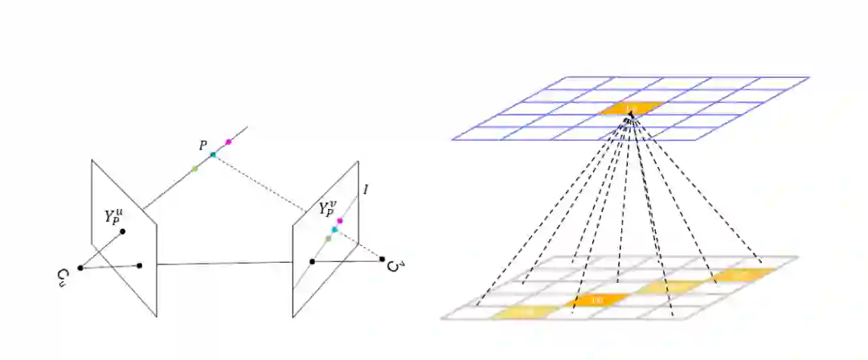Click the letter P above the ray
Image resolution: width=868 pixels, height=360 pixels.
point(203,145)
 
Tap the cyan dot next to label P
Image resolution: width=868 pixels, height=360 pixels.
point(213,154)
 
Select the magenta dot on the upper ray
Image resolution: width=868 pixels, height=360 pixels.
point(228,141)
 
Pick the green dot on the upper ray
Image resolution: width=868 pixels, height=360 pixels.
point(194,168)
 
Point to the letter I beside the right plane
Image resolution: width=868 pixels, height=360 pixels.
point(366,190)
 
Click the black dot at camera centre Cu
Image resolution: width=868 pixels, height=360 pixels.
point(80,268)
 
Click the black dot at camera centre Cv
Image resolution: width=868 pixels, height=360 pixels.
point(383,259)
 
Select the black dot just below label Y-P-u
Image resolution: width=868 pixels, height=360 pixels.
point(123,232)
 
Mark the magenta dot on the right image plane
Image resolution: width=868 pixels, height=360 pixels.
point(340,220)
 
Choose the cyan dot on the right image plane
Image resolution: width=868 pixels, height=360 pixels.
point(334,230)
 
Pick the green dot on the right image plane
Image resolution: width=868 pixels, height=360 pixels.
point(327,239)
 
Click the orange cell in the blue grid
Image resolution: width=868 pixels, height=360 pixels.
point(631,108)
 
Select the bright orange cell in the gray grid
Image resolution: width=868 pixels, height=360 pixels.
point(597,300)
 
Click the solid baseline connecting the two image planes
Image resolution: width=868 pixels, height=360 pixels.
point(225,263)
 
